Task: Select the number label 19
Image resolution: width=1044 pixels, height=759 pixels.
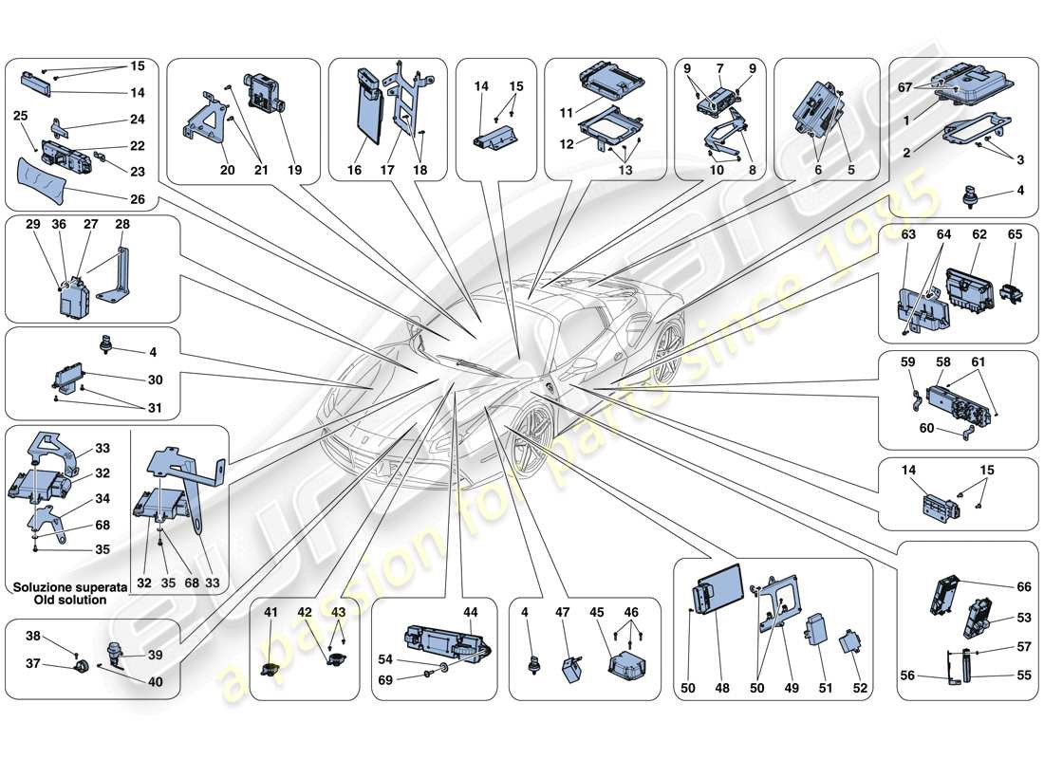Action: (x=295, y=171)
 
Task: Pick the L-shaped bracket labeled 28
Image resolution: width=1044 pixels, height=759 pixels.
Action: (x=118, y=276)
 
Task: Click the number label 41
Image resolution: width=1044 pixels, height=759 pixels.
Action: (x=271, y=612)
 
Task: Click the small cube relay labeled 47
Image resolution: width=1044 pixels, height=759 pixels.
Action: (x=572, y=669)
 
